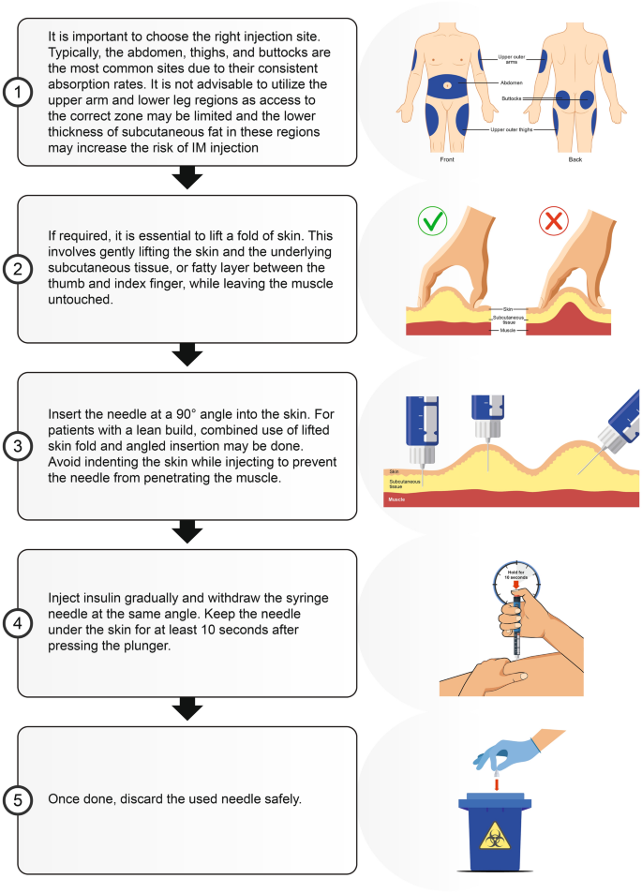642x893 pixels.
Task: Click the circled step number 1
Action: pos(18,92)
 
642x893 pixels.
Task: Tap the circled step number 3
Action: pos(18,446)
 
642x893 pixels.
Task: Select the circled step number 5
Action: pos(18,800)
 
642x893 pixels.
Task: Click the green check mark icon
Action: pos(432,220)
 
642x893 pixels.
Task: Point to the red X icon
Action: pos(554,220)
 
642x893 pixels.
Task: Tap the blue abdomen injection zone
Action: pos(447,86)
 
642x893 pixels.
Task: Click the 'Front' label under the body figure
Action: pos(447,159)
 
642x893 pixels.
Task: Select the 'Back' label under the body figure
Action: pos(575,159)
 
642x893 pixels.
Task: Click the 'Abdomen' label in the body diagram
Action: pos(512,83)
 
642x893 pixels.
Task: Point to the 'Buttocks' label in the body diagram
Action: pos(512,98)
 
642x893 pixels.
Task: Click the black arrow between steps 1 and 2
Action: pos(187,177)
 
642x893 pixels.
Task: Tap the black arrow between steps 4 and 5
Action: pos(187,708)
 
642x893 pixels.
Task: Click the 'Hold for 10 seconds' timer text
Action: pos(516,574)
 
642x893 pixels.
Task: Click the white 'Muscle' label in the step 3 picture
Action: pos(396,499)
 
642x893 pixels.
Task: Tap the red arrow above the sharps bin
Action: pos(497,785)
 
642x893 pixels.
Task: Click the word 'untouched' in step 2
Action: pos(80,300)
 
